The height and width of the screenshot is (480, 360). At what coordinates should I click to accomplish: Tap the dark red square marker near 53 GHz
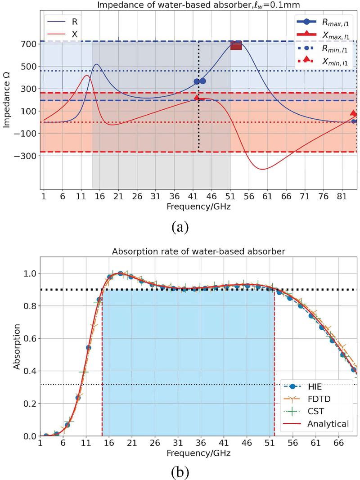tap(236, 45)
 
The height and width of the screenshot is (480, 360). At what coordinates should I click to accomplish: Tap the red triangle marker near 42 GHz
tap(197, 97)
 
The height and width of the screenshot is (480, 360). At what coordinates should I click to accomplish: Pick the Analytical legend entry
tap(327, 424)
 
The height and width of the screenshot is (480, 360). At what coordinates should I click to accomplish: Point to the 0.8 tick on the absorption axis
tap(30, 306)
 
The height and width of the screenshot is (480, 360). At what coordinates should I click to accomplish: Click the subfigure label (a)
tap(180, 227)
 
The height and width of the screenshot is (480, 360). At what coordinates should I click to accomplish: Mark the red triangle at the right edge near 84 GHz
tap(353, 113)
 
